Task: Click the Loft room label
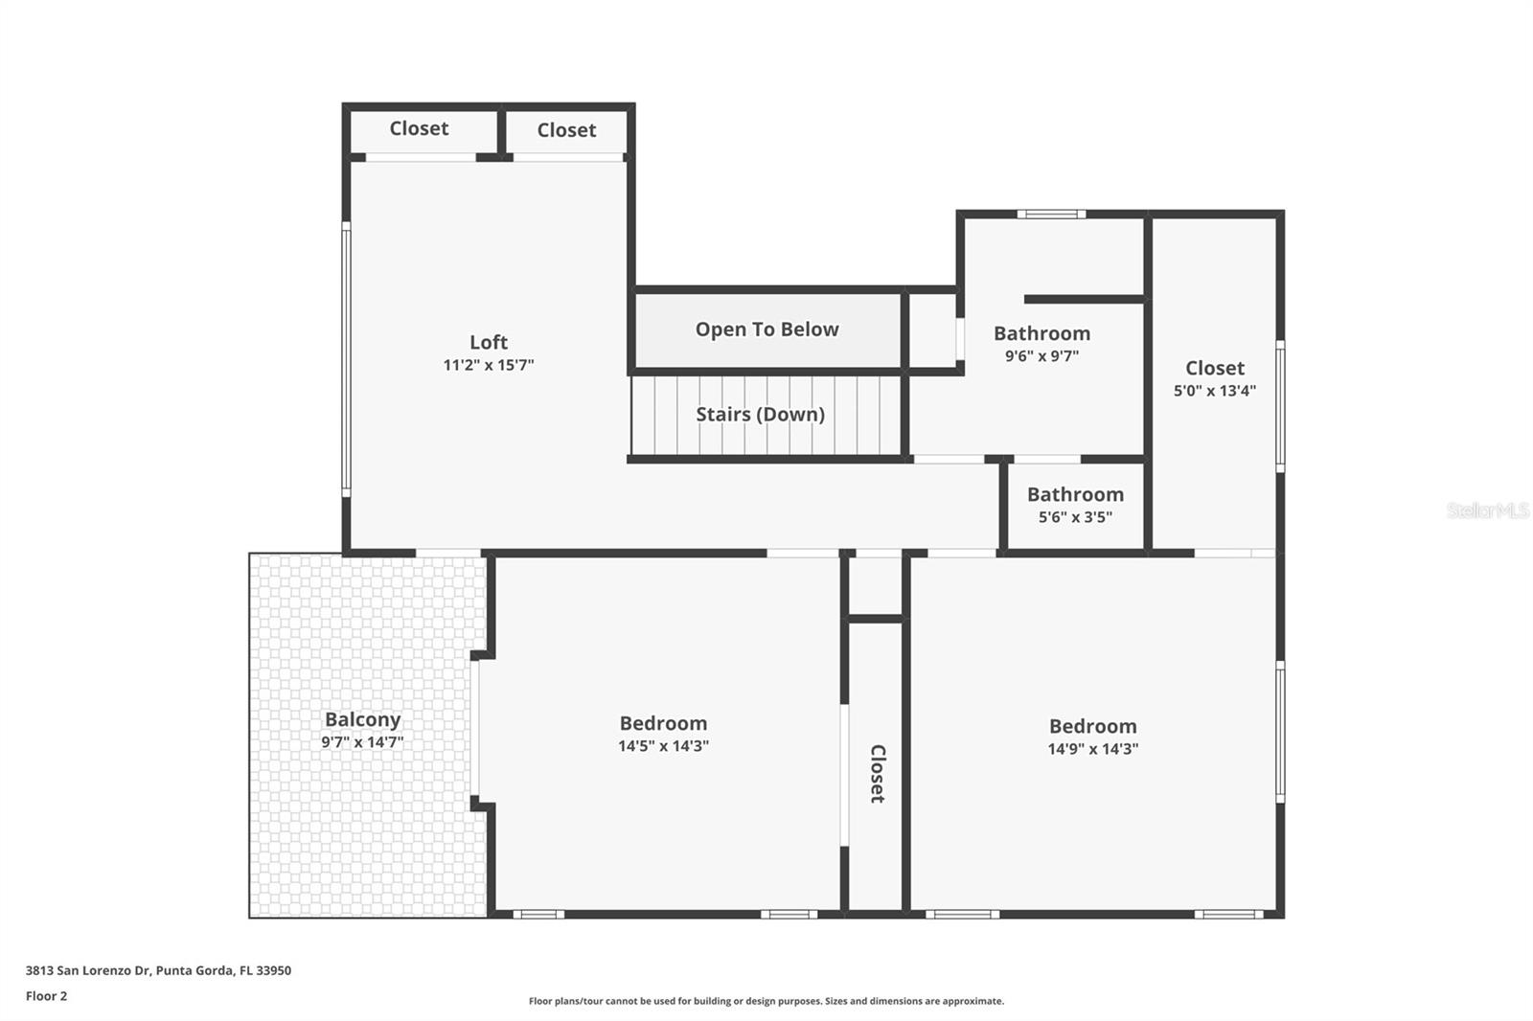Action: pos(488,342)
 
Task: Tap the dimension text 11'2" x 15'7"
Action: pos(488,365)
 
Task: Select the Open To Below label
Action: pos(766,329)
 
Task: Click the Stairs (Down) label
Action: pos(760,414)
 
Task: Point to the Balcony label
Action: pos(362,719)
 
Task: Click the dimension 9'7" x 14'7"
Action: pos(362,742)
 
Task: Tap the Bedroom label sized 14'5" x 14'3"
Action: pos(663,723)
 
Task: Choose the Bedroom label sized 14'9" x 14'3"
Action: pos(1092,726)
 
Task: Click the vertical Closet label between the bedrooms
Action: pos(877,773)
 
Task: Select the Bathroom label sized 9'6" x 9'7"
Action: pos(1041,333)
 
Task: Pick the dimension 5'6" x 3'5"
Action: pos(1075,517)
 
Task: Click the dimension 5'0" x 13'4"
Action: pos(1214,391)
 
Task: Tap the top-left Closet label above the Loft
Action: pos(419,128)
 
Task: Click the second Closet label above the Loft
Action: pos(566,130)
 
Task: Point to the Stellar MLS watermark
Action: pos(1487,510)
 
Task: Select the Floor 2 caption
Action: pos(46,996)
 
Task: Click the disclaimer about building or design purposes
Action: pos(766,1001)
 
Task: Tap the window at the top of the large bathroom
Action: pos(1051,215)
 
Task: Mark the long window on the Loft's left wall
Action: pos(346,359)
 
